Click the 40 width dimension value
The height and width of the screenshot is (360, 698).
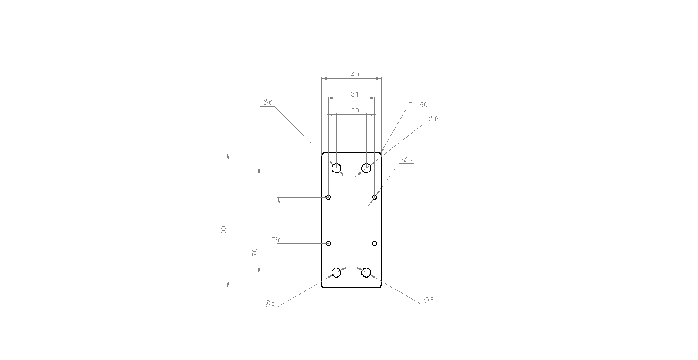[355, 75]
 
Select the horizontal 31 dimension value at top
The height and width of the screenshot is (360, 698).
[355, 94]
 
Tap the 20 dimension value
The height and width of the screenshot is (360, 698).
[355, 111]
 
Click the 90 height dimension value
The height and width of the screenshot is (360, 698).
[224, 230]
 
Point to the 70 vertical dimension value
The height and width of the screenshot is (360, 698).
[255, 252]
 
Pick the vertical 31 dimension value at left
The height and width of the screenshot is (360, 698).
[275, 236]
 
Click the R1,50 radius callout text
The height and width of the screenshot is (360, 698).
[418, 105]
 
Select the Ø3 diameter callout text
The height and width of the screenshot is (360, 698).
[407, 159]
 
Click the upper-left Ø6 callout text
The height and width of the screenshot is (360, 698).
[267, 103]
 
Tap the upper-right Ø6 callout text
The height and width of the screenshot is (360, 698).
[433, 119]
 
